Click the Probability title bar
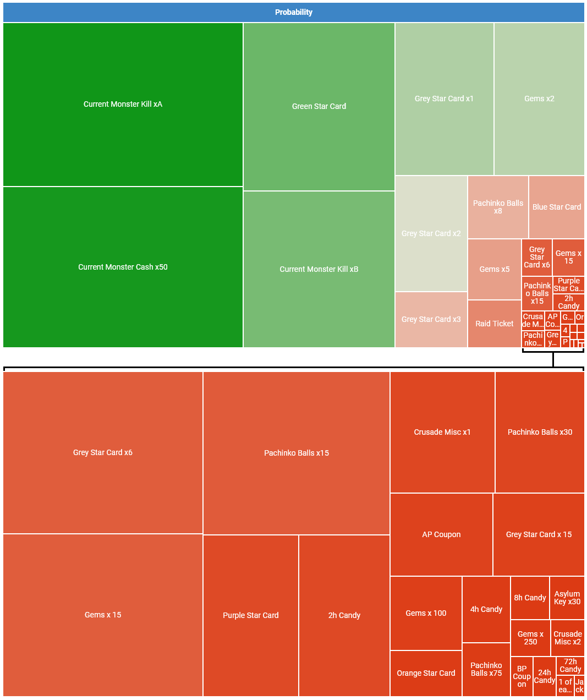293,12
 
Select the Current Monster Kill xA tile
123,104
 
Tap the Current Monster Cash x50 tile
123,267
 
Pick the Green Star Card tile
319,106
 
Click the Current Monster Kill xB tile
319,269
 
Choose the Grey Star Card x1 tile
444,99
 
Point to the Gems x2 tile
539,99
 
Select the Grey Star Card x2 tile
431,233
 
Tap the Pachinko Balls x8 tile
498,207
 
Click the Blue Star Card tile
556,207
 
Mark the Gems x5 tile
494,269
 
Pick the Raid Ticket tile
494,324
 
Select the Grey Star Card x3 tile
431,319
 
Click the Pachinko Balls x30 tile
540,432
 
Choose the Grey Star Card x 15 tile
539,534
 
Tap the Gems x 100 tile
426,613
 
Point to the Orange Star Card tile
426,673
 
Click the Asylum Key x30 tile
567,598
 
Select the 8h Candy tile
530,598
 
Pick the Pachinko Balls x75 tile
486,669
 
